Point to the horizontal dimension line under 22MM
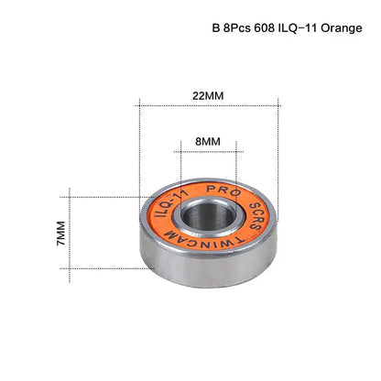(x=208, y=106)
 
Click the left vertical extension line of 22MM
(x=139, y=137)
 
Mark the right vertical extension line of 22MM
(x=277, y=137)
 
